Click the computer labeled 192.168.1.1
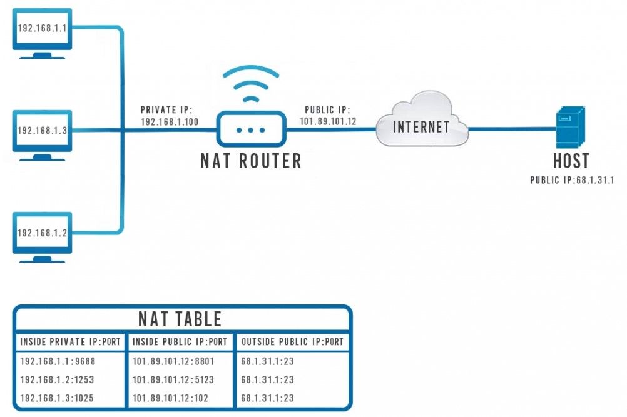point(43,31)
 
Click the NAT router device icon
point(251,129)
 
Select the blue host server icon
point(570,126)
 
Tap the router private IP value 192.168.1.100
point(170,122)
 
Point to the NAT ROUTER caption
point(251,161)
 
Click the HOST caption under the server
point(571,161)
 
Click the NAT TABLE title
point(180,319)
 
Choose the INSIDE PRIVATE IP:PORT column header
point(70,342)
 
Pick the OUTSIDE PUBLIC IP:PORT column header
point(292,342)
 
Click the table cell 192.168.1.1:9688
point(58,361)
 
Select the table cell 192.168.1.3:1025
point(58,398)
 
